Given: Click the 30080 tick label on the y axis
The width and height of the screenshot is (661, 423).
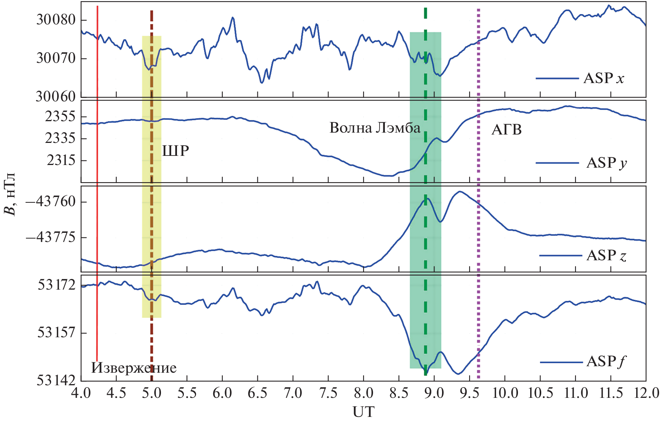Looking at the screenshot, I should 56,20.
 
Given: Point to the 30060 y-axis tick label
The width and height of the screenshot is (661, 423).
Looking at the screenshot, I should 56,97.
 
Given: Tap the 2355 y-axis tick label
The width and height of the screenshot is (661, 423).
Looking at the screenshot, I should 60,117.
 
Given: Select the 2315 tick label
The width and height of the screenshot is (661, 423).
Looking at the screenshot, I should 61,160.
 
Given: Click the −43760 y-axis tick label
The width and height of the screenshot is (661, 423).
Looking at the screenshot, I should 51,201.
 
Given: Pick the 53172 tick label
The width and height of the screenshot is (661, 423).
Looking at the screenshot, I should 56,285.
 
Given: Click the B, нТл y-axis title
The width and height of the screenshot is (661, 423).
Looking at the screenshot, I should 10,194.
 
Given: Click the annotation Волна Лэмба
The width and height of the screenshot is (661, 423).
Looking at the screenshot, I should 375,128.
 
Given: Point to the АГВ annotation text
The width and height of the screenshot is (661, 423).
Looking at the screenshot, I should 506,130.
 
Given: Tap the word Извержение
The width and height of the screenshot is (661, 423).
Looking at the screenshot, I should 134,368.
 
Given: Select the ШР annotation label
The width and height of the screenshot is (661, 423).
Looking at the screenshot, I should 175,151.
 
